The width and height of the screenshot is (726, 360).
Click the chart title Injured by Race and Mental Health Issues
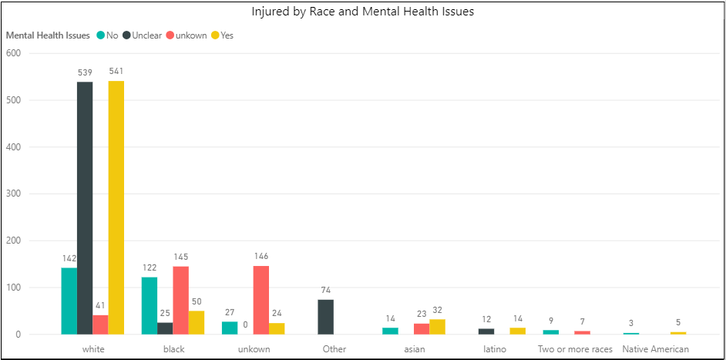(362, 12)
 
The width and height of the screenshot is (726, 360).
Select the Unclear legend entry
(146, 35)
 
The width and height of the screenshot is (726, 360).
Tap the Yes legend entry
(227, 35)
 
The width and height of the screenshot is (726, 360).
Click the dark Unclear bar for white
(85, 208)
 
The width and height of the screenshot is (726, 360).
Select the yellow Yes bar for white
(116, 208)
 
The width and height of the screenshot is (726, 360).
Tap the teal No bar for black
(150, 305)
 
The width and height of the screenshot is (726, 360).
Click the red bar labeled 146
(260, 300)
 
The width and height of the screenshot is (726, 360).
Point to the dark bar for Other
(325, 317)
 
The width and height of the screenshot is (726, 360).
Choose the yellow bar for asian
(438, 327)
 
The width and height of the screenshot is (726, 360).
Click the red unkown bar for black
(180, 300)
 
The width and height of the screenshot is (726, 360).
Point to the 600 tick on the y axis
(13, 53)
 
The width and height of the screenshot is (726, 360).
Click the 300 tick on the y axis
(13, 194)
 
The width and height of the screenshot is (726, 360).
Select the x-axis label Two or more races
(575, 349)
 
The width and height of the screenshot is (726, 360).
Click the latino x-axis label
(495, 349)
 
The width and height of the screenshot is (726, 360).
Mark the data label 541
(116, 72)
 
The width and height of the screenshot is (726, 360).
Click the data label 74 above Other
(325, 290)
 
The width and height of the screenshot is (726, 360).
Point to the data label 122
(150, 267)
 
